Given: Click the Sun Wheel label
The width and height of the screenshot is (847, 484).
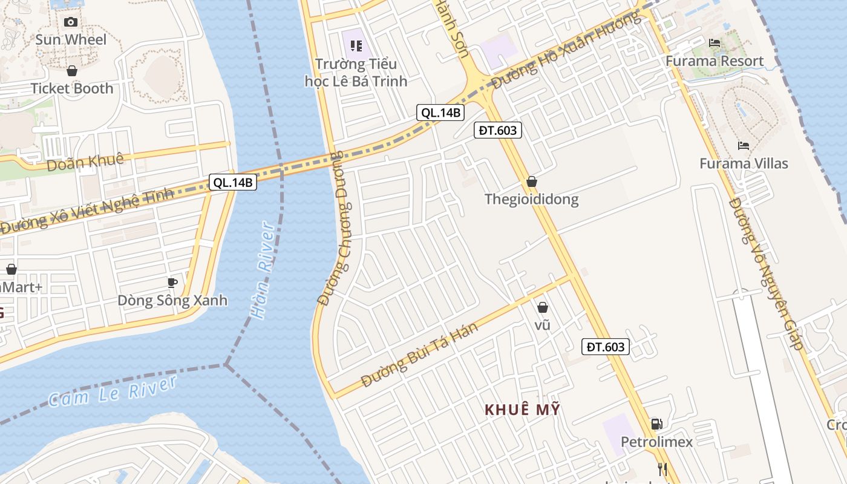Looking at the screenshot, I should point(71,40).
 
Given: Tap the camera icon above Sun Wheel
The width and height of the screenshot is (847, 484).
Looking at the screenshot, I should point(71,22).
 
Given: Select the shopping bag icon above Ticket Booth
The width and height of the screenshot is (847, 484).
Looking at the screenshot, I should point(72,71).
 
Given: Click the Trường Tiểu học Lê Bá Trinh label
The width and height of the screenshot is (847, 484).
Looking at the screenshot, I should point(356,72).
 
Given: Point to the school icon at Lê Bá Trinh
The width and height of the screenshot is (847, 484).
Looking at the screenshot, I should point(356,45).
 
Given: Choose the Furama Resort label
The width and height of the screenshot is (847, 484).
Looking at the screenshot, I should point(715,61).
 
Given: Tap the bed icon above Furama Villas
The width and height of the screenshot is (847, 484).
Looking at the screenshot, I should point(744,146).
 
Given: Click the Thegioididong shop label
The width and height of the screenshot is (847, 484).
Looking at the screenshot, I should point(531,199).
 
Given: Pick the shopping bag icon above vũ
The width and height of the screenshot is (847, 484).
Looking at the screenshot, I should point(543,307).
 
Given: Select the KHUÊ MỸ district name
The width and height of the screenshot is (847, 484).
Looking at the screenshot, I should point(522,410).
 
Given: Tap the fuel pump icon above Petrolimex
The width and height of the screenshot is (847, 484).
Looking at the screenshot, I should point(656,424).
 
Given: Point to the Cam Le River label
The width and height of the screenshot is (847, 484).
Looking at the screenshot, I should point(113,391).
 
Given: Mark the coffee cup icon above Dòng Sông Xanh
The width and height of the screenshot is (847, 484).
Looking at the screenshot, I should point(172,283).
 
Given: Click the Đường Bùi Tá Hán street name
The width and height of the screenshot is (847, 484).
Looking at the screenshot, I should point(419,355).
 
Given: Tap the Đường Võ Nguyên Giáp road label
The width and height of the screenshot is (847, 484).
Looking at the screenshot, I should point(766,273).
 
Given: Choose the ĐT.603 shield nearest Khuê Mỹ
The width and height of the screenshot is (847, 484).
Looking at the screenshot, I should point(606,347).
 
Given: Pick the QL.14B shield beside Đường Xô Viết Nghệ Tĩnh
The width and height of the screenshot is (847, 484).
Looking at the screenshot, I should point(233,182).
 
